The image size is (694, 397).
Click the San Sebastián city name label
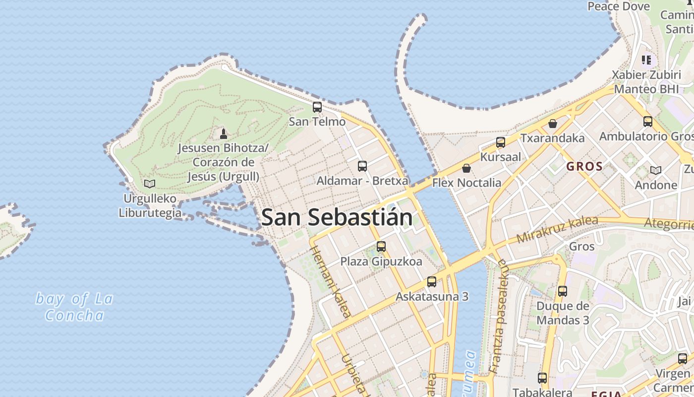337,217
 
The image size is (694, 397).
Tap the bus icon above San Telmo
317,107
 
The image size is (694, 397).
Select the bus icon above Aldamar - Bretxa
362,166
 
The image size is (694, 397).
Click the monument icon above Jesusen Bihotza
224,133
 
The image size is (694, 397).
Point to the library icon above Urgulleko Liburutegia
150,184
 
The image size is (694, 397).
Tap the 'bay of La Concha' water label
74,307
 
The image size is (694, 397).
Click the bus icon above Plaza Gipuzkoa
381,246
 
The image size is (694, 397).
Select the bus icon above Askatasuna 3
432,282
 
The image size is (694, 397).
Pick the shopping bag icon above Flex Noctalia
466,168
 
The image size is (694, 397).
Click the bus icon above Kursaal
501,142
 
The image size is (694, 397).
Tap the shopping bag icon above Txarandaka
553,123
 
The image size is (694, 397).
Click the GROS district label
584,167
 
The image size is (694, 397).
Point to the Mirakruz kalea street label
557,230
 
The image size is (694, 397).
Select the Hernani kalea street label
332,281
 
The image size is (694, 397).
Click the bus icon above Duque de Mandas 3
562,291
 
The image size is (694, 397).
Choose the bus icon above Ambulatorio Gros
648,121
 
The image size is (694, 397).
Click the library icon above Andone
656,170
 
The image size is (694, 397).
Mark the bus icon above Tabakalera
542,378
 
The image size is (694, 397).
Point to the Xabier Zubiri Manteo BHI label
646,82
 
